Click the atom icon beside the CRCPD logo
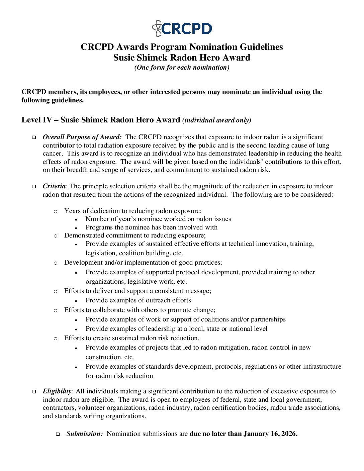click(157, 28)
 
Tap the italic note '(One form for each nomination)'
click(182, 67)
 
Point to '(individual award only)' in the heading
click(216, 120)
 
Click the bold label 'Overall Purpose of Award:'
click(82, 137)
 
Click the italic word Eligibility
click(57, 391)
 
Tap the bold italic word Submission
click(84, 434)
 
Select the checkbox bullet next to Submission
click(58, 434)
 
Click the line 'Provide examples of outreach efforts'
click(138, 300)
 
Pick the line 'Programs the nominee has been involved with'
click(151, 227)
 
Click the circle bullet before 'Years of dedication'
click(56, 211)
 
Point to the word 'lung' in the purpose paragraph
click(323, 145)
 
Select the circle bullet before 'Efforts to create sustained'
click(56, 338)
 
